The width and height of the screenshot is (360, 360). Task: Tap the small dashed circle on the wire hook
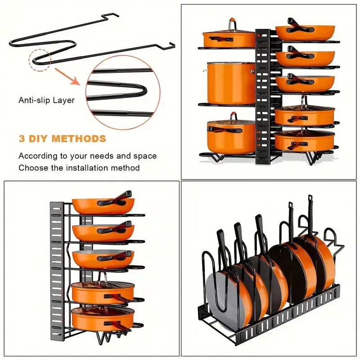(x=40, y=60)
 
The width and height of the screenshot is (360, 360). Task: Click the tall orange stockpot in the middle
(x=230, y=83)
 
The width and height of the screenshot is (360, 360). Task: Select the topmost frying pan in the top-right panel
(x=305, y=32)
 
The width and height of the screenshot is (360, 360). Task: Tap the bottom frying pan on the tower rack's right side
(x=305, y=140)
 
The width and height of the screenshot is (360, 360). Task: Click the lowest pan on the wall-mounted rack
(x=103, y=319)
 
